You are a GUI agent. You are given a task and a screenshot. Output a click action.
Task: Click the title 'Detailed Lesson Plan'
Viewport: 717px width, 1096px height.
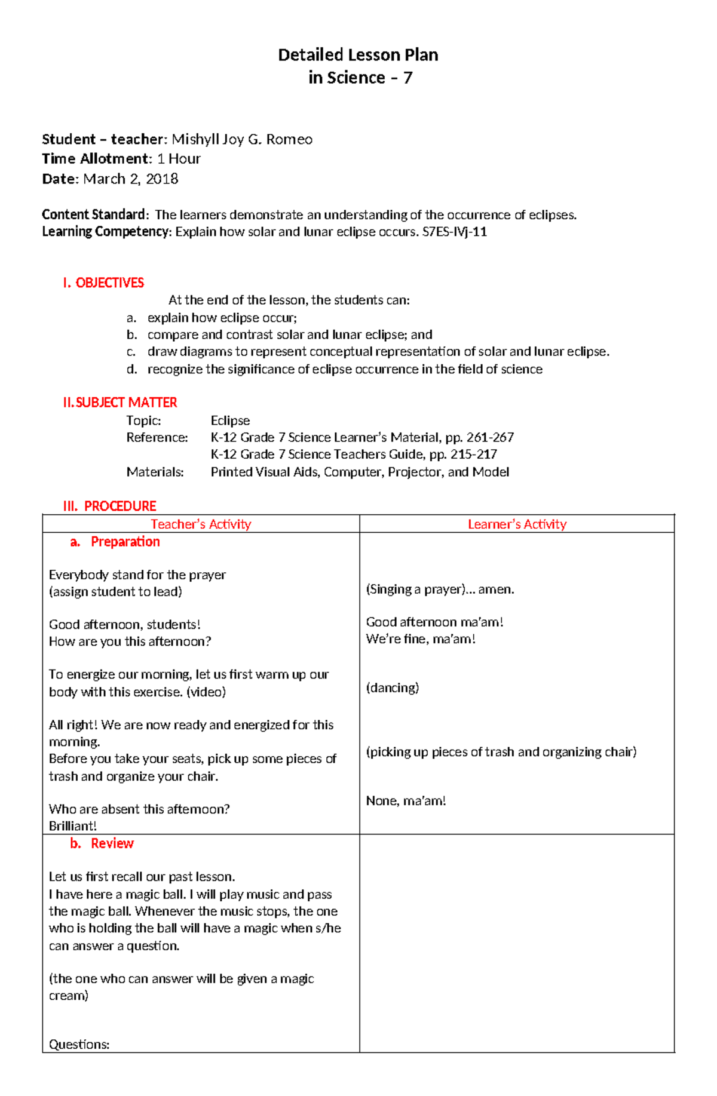point(358,55)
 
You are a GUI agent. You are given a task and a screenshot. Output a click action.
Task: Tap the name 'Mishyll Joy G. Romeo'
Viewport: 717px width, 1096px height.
point(242,139)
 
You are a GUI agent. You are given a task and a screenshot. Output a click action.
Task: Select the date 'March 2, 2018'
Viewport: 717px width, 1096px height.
point(130,179)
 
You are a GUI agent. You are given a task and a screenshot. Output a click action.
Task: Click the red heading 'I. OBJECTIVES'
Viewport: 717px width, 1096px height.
point(103,283)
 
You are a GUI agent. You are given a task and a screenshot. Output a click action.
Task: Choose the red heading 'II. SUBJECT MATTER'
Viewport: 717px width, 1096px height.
point(120,403)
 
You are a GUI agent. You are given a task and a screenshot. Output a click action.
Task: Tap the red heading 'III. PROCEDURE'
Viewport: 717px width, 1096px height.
point(110,506)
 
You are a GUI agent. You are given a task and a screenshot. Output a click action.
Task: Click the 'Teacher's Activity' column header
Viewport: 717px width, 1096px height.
point(201,524)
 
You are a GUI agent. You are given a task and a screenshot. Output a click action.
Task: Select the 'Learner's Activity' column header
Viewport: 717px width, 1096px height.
point(517,524)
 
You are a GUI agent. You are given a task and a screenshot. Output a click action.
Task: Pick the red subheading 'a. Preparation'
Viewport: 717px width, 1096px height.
point(115,542)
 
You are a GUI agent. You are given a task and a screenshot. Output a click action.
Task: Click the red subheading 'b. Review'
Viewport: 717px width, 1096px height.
point(102,843)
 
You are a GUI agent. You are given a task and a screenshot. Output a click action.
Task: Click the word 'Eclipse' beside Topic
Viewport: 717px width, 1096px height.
point(230,420)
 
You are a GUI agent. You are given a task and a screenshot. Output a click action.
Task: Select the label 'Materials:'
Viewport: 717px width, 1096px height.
point(155,472)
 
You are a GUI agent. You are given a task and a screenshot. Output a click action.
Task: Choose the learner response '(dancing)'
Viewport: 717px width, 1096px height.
point(392,687)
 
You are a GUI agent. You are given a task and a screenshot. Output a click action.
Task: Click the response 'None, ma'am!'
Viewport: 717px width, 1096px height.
point(406,800)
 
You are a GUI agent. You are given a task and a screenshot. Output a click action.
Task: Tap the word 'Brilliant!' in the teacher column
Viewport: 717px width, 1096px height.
point(72,826)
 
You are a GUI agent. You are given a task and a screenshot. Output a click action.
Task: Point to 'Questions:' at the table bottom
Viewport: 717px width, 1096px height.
point(79,1045)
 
